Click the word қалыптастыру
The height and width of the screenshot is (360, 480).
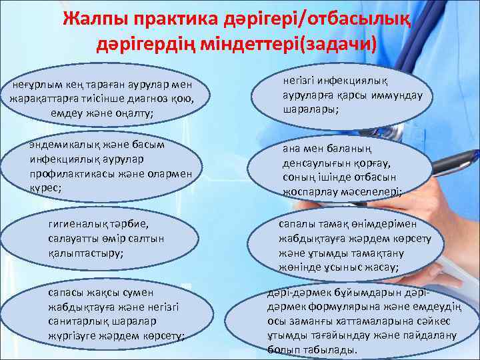tap(86, 253)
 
